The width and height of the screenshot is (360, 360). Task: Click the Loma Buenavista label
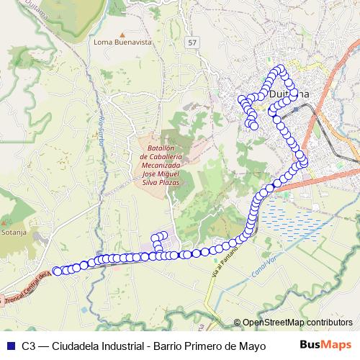click(123, 42)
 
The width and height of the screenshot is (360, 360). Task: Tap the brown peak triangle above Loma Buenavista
click(123, 33)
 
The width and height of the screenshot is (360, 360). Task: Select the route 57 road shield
click(192, 42)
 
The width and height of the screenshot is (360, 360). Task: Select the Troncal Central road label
click(25, 287)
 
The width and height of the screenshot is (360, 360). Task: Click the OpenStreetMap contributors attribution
click(297, 323)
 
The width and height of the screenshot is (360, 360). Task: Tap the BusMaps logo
click(325, 344)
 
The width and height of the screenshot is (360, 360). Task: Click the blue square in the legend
click(9, 345)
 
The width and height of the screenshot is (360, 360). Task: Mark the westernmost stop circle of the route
click(55, 271)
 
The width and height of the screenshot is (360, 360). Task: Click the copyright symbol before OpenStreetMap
click(238, 323)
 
